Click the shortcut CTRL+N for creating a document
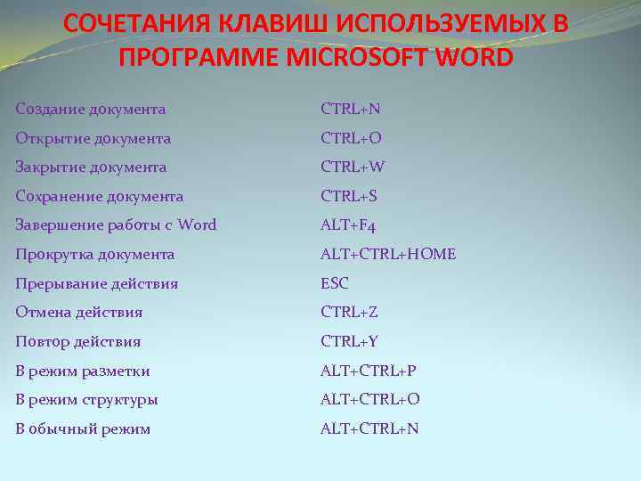click(x=351, y=110)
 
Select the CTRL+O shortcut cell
click(x=351, y=138)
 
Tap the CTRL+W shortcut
click(x=353, y=167)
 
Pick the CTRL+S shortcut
click(x=350, y=196)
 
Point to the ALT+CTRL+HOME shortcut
click(x=388, y=255)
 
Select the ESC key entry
click(x=335, y=283)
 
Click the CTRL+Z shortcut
click(x=350, y=313)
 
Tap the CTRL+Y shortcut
click(x=350, y=341)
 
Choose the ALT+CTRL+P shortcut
click(x=369, y=371)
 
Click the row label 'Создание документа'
click(x=91, y=110)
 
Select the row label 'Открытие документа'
click(x=93, y=138)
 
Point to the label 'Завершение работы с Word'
click(x=116, y=225)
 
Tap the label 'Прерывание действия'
click(x=97, y=283)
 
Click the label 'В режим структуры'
click(x=87, y=400)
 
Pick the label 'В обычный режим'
click(x=83, y=428)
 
